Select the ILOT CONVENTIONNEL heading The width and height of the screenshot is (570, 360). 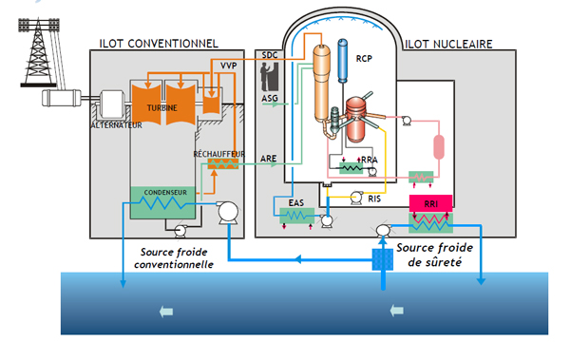[159, 43]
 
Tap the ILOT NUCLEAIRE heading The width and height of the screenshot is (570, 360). [447, 43]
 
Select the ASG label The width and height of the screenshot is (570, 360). [270, 98]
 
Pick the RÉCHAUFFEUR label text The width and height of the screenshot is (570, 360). [219, 152]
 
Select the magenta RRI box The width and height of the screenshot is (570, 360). [433, 202]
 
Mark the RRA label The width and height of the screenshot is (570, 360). [369, 161]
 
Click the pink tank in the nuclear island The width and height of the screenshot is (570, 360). [439, 148]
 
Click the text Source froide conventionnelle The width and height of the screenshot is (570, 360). [177, 258]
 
